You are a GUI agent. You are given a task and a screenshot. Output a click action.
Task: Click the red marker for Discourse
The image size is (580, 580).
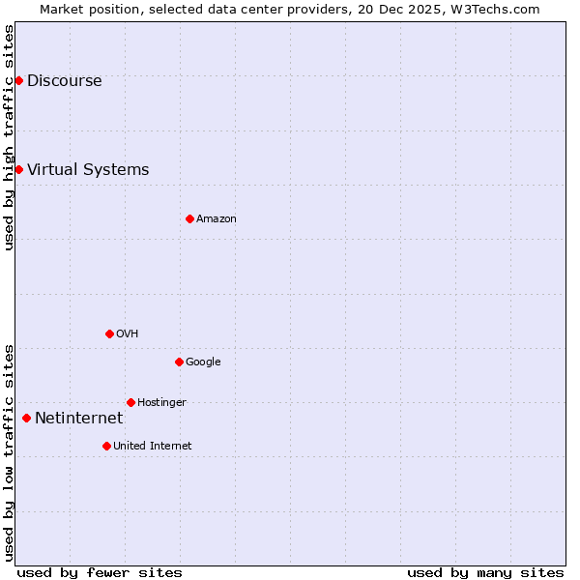[x=18, y=80]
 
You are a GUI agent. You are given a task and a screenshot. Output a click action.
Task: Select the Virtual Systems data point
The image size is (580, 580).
[x=18, y=169]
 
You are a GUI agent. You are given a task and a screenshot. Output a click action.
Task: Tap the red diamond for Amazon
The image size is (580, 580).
[x=189, y=218]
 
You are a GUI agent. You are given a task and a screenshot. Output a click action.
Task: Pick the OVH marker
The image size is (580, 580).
[x=109, y=333]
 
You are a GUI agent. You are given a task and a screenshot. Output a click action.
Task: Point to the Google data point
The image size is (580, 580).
[x=179, y=362]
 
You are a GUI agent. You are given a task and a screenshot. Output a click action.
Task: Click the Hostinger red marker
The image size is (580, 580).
[x=130, y=402]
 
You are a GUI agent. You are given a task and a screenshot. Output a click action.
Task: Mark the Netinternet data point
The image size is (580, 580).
[x=26, y=418]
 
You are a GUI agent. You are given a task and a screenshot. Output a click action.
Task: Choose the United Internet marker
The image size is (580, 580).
[x=106, y=446]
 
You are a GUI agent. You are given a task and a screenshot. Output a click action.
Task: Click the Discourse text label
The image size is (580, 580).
[x=64, y=81]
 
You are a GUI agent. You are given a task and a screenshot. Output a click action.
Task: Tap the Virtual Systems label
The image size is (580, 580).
[x=88, y=170]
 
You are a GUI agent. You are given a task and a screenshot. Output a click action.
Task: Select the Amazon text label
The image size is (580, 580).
[x=217, y=219]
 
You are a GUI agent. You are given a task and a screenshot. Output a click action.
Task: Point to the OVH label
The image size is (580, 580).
[x=127, y=334]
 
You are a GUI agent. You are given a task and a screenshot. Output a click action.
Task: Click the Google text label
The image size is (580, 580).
[x=203, y=362]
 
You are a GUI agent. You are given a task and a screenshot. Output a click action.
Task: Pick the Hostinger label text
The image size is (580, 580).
[x=161, y=403]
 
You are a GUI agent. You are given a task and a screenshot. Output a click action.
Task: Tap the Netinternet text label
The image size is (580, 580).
[x=78, y=419]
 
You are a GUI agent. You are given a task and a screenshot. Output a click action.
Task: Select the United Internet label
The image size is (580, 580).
[x=152, y=447]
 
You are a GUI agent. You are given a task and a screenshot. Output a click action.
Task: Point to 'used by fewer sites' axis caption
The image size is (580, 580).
[x=100, y=572]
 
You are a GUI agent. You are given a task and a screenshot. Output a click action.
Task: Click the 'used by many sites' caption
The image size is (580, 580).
[x=485, y=572]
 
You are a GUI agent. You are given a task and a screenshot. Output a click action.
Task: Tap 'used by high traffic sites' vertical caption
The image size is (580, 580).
[x=9, y=137]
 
